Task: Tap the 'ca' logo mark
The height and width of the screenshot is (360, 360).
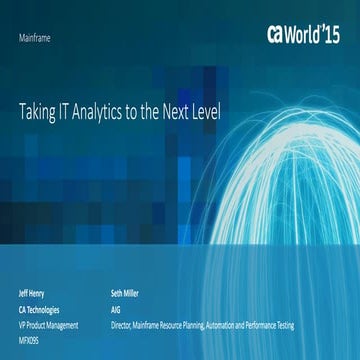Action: (x=278, y=34)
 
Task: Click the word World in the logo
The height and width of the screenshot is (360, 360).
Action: (x=307, y=33)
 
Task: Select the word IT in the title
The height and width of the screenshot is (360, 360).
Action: (x=68, y=112)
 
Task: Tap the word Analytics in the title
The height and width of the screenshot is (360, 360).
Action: (x=105, y=113)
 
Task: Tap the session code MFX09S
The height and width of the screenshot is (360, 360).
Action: (x=31, y=339)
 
